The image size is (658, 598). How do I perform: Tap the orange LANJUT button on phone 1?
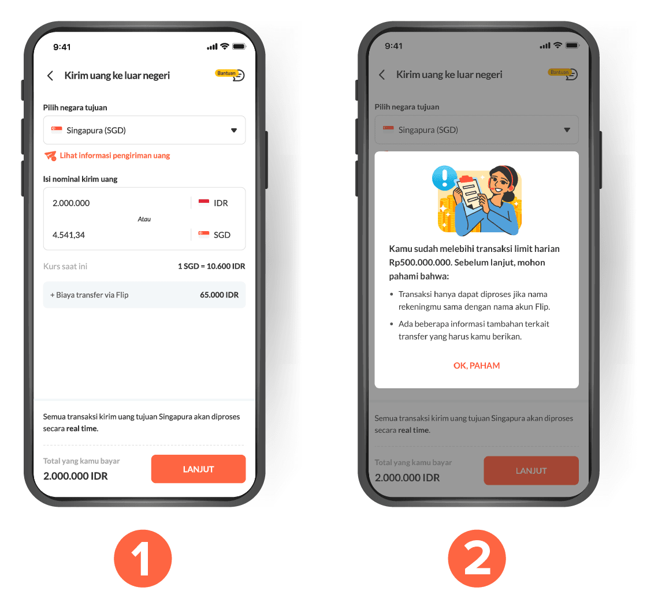pos(198,469)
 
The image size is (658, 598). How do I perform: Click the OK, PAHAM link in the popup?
pos(476,366)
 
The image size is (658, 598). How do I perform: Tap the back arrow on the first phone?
pos(50,76)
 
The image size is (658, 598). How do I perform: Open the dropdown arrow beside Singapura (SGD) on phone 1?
pos(234,130)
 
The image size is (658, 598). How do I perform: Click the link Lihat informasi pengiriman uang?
pos(114,155)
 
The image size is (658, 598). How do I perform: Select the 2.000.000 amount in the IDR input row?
pos(71,203)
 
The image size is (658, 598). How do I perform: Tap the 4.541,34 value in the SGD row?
pos(68,235)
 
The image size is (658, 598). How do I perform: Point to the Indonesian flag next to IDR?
pos(203,202)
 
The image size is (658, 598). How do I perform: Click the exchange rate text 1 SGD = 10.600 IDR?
pos(211,266)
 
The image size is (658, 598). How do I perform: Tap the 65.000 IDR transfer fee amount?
pos(219,295)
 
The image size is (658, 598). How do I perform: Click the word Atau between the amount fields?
pos(144,219)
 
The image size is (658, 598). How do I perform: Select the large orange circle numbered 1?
pos(143,558)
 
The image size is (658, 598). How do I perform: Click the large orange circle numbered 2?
pos(477,558)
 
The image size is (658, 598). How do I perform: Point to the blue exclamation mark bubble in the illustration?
pos(444,177)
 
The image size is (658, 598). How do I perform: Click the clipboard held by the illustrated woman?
pos(469,191)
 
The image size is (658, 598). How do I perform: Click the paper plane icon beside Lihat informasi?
pos(50,155)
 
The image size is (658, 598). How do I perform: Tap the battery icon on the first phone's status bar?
pos(239,47)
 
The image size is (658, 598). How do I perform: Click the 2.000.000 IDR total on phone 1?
pos(76,476)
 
